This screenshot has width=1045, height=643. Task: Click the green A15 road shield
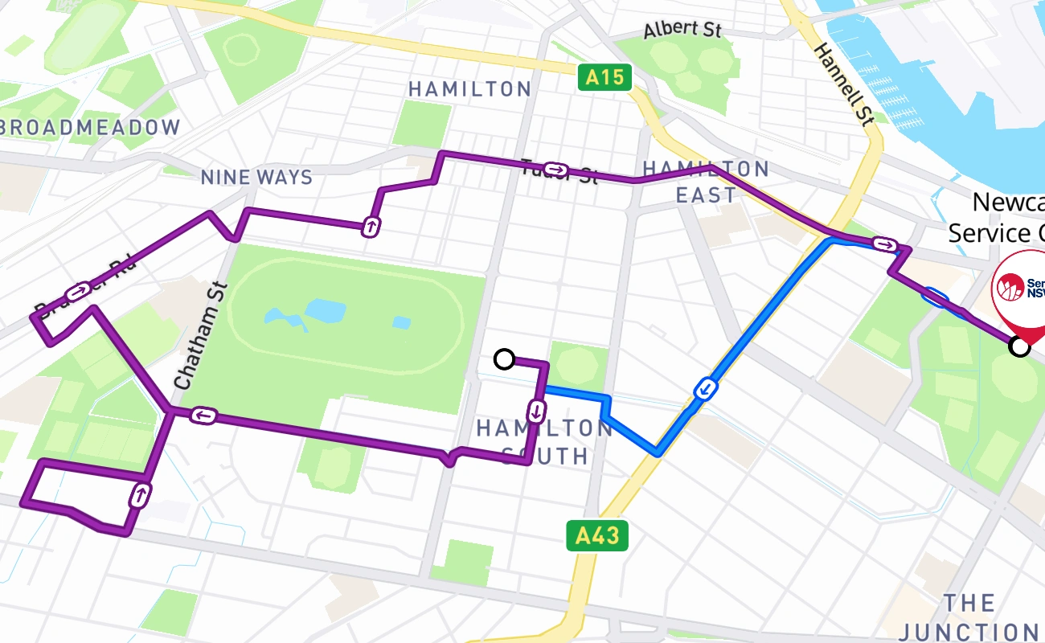(x=604, y=77)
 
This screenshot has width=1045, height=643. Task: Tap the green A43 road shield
(x=596, y=535)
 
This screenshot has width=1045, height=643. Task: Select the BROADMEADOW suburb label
(x=90, y=127)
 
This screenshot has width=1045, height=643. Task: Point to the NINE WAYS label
(x=256, y=177)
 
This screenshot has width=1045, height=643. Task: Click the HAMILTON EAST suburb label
(x=705, y=182)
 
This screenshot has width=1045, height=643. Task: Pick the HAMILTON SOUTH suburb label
(x=544, y=441)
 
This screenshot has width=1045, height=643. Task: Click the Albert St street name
(x=682, y=30)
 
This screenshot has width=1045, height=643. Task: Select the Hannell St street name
(x=842, y=84)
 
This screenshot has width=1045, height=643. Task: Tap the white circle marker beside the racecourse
(x=504, y=359)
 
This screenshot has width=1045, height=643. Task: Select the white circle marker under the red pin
(x=1019, y=346)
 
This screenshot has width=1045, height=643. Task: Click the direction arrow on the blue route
(x=705, y=389)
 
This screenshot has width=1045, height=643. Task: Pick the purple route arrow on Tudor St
(x=555, y=170)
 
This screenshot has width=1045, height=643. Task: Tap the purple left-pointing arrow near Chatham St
(x=203, y=416)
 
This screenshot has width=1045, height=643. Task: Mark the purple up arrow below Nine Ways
(x=371, y=227)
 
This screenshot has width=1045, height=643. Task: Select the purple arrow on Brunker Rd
(x=80, y=290)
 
